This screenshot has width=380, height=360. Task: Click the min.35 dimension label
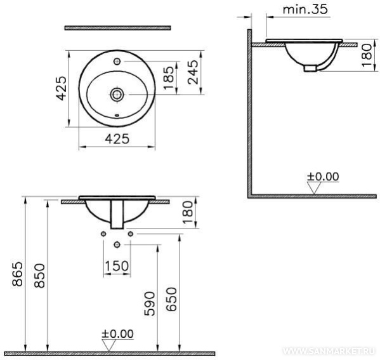pyautogui.click(x=305, y=10)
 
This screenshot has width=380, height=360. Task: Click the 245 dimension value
pyautogui.click(x=193, y=72)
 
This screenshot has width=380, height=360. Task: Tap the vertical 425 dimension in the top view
pyautogui.click(x=61, y=88)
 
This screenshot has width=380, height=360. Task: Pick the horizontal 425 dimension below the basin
pyautogui.click(x=117, y=139)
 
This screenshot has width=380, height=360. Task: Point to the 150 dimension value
pyautogui.click(x=117, y=266)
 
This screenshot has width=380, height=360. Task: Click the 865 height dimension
pyautogui.click(x=18, y=274)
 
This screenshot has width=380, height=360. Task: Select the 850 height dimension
pyautogui.click(x=39, y=276)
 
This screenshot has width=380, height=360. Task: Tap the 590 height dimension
pyautogui.click(x=150, y=303)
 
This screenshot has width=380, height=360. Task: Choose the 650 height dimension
pyautogui.click(x=171, y=299)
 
